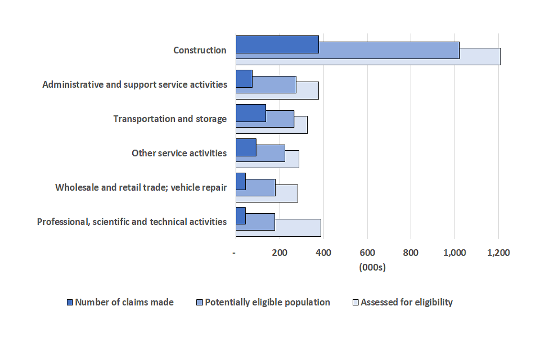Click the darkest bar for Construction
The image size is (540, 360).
[277, 44]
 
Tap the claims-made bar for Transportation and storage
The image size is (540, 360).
[250, 113]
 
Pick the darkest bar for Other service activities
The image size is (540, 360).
[246, 147]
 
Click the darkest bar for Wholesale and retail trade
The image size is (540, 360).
[241, 182]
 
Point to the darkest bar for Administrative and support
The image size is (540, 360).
[244, 79]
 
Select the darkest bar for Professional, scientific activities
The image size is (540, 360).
[241, 216]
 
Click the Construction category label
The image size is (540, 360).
[200, 50]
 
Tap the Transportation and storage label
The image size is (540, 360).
[170, 119]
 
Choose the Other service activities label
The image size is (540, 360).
[179, 153]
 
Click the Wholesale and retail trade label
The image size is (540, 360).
[141, 187]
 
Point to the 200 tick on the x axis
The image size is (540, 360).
[280, 253]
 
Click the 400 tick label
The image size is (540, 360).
[323, 253]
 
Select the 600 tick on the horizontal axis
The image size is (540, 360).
[367, 253]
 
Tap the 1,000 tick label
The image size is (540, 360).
[454, 253]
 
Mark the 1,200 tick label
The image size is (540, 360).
[498, 253]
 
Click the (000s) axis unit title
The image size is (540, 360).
[372, 268]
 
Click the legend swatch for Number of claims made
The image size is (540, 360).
[70, 303]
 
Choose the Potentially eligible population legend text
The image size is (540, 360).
[267, 302]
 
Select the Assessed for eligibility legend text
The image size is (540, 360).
[406, 302]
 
